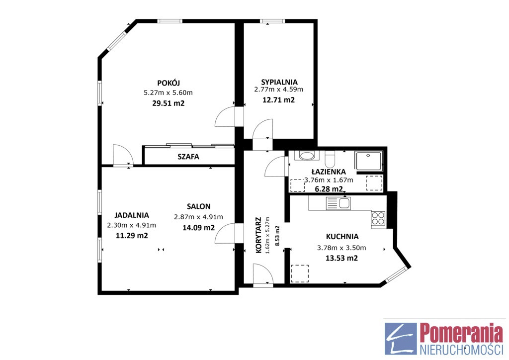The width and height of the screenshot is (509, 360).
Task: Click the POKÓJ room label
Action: point(169,83)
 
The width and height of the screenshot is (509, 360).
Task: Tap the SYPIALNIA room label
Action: point(279,82)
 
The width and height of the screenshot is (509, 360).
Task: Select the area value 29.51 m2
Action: point(168,103)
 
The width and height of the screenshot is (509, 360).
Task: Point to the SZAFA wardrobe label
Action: point(188,157)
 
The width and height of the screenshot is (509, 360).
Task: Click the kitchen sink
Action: point(338,203)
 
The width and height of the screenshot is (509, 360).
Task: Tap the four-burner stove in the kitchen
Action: point(378,218)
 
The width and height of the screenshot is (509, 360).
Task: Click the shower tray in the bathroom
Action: point(369,161)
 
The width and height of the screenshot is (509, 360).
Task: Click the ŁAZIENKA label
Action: point(329,172)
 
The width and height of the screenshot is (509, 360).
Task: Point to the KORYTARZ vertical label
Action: point(258,235)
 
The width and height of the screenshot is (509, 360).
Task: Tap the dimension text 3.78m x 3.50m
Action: point(341,248)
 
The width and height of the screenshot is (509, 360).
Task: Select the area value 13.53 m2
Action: point(341,258)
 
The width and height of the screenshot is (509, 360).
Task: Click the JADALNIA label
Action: point(132,215)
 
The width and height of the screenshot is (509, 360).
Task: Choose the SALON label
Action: point(199,206)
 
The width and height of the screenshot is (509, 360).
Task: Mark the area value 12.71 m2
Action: point(278,100)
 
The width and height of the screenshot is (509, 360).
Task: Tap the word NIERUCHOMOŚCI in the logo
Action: point(461,350)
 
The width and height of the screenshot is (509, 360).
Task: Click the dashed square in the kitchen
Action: point(300,273)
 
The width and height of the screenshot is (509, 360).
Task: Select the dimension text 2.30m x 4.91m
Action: point(131,225)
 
